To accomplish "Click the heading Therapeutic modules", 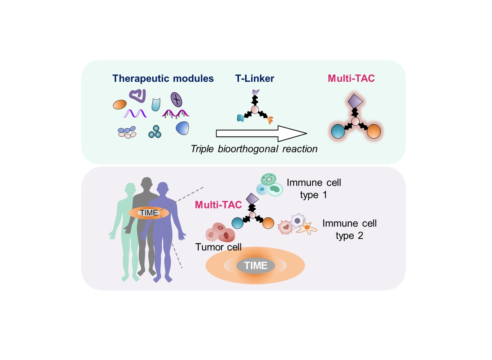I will tap(163, 78).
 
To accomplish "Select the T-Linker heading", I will tap(254, 78).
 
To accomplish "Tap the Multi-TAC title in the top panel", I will tap(351, 78).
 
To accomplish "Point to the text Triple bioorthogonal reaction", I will tap(254, 149).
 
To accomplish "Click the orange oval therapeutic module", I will tap(120, 105).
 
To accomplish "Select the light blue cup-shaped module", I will tap(156, 105).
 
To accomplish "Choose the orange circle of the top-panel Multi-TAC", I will tap(373, 132).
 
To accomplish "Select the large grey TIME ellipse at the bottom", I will tap(256, 266).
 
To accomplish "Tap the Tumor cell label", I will tap(218, 247).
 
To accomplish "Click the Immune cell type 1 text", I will tap(314, 188).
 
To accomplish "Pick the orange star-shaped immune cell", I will tap(306, 227).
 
